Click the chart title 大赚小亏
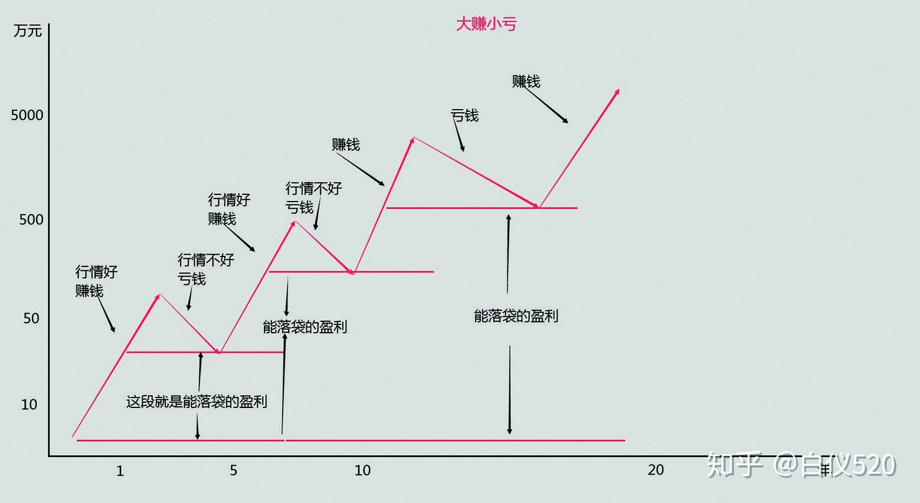tap(486, 24)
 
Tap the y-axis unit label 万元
tap(27, 30)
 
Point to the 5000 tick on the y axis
tap(27, 115)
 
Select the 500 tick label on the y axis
tap(31, 220)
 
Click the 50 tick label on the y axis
tap(31, 318)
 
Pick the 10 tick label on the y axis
tap(29, 405)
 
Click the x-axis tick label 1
tap(120, 471)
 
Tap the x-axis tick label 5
tap(234, 471)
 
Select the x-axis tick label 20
tap(656, 470)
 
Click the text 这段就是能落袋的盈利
tap(197, 402)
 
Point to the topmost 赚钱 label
tap(526, 81)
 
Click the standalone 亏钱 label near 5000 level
tap(464, 116)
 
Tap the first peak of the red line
tap(159, 294)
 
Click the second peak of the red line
tap(294, 222)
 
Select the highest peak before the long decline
tap(413, 138)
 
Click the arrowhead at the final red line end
tap(618, 91)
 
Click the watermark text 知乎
tap(734, 465)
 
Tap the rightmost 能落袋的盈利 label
tap(516, 316)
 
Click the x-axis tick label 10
tap(362, 471)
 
